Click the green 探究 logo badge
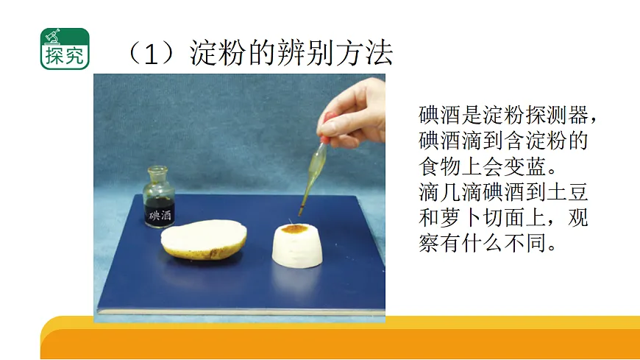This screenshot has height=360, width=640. [x=65, y=49]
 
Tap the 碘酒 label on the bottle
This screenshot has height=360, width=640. [x=160, y=216]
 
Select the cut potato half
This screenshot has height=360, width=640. [x=204, y=239]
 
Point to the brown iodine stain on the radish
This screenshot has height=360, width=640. [x=296, y=230]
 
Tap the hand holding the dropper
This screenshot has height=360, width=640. [x=357, y=113]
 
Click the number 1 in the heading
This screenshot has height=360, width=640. [x=152, y=54]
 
